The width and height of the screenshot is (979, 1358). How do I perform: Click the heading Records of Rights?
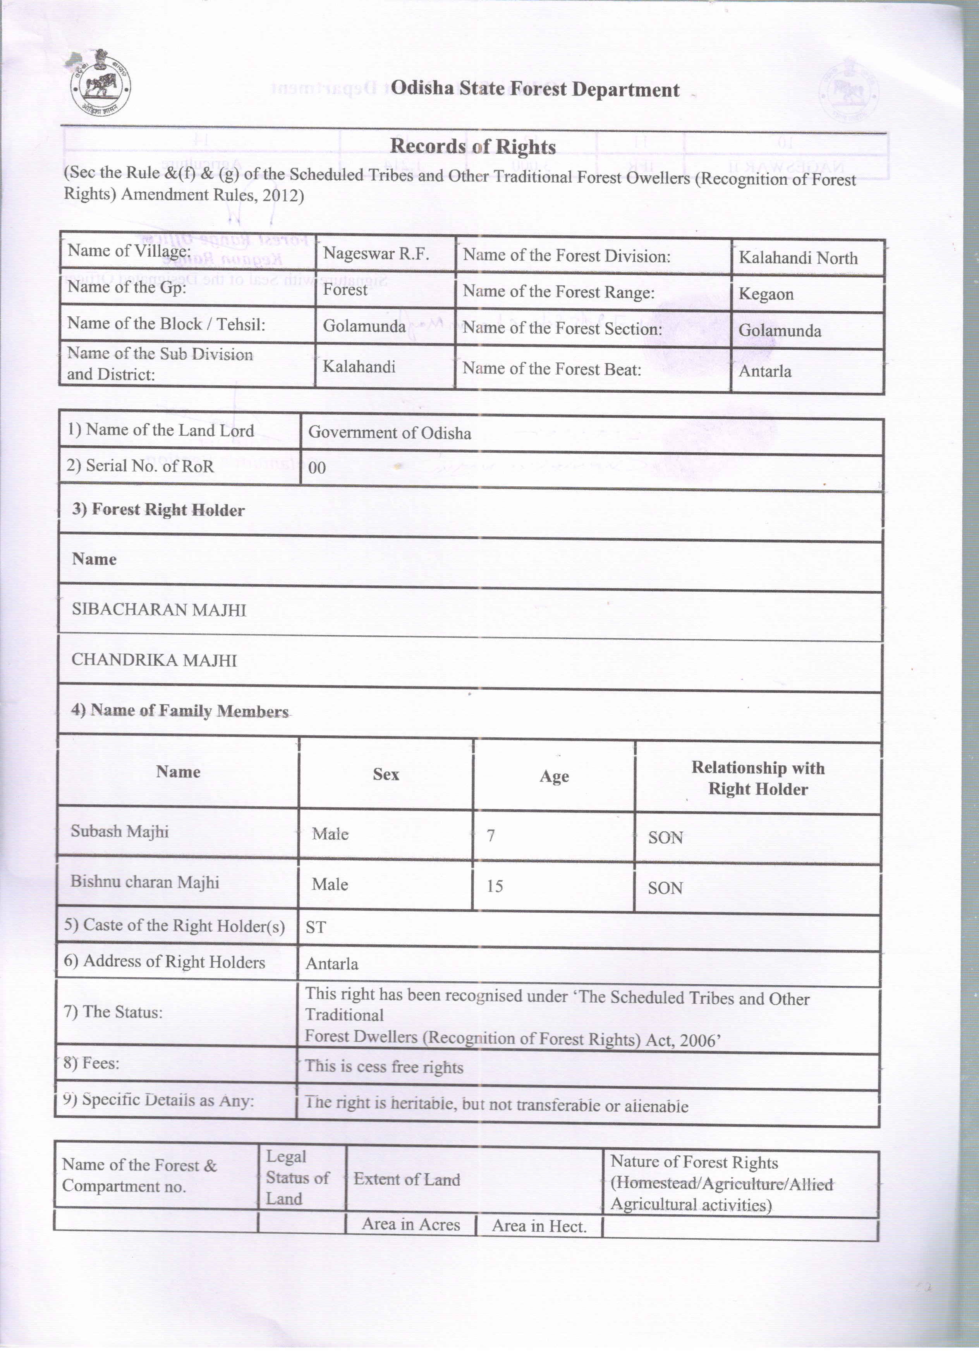click(x=472, y=147)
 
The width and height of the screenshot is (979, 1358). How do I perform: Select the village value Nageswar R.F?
click(x=376, y=254)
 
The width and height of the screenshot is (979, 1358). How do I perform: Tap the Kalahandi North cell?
click(x=798, y=258)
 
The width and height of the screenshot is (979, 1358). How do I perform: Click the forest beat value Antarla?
click(x=764, y=371)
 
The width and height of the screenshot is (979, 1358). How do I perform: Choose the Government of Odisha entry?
click(x=389, y=433)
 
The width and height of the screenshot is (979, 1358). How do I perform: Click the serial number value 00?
click(x=317, y=468)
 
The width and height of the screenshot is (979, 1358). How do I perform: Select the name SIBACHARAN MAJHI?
click(x=159, y=610)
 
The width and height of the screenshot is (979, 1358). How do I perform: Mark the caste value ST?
click(x=316, y=927)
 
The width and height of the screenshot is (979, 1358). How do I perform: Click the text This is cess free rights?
click(x=384, y=1067)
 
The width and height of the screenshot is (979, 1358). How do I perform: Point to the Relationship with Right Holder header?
click(x=757, y=778)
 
